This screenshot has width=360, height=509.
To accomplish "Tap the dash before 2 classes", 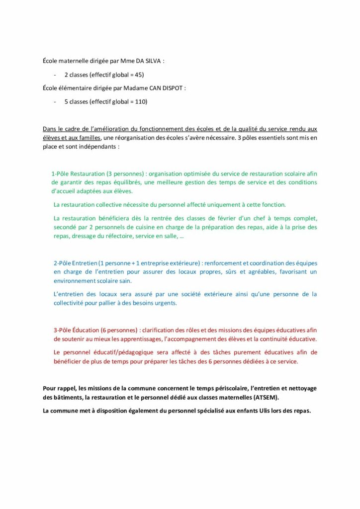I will coord(54,75).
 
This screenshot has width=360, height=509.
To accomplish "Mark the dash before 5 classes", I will coord(54,102).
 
